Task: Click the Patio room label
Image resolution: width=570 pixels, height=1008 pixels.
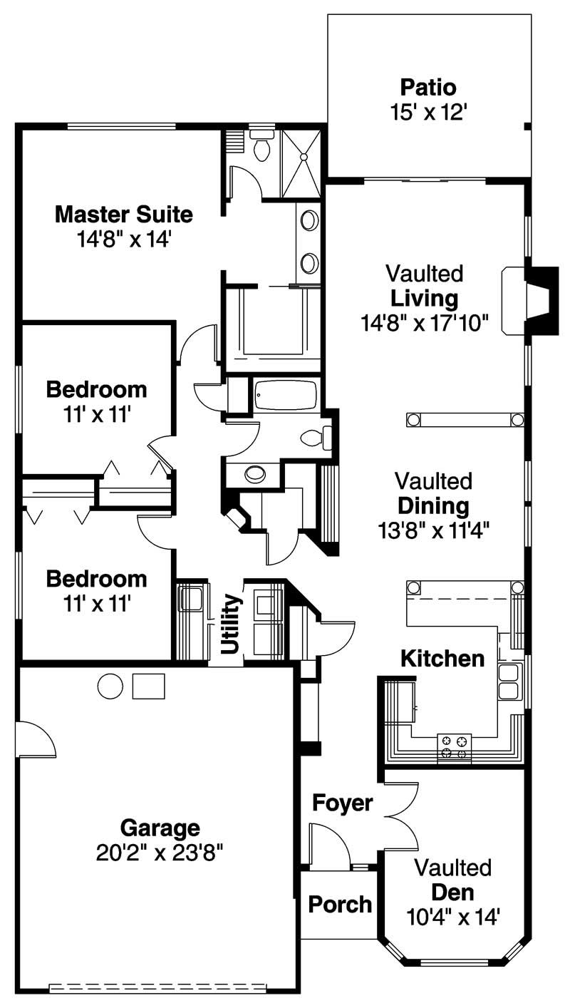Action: tap(427, 88)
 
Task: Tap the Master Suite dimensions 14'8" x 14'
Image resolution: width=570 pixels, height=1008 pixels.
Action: tap(124, 239)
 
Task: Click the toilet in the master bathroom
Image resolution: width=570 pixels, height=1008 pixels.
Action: tap(262, 147)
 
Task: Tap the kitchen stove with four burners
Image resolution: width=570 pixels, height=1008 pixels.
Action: tap(454, 746)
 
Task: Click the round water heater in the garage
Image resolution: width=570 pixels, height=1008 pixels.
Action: tap(110, 686)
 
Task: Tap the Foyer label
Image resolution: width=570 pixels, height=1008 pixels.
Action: tap(343, 803)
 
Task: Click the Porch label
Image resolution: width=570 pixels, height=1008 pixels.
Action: tap(340, 904)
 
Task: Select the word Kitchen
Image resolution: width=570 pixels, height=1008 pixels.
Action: tap(442, 658)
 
